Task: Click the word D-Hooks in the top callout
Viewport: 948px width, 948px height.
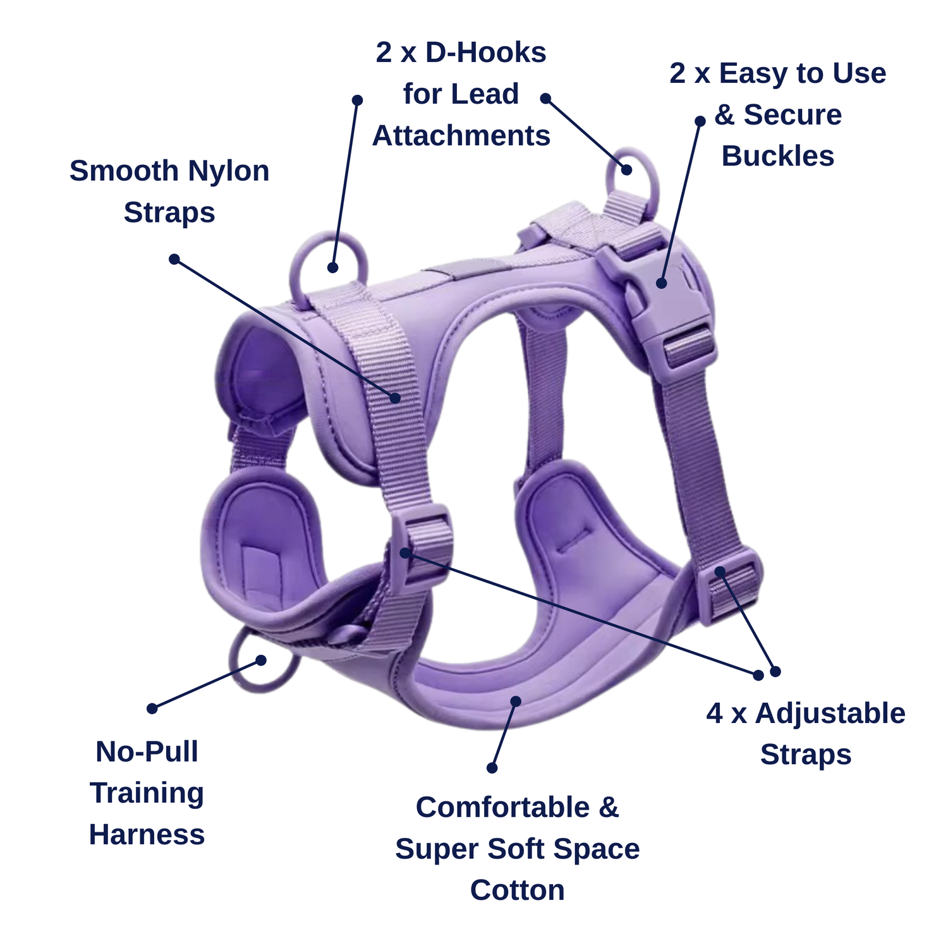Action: click(485, 52)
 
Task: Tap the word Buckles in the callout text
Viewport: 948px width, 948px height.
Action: click(778, 156)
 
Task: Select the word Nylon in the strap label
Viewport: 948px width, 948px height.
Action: click(228, 172)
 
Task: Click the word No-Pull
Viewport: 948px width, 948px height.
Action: click(147, 751)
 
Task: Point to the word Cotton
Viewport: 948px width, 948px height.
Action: click(518, 890)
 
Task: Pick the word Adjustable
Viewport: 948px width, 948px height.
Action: click(830, 714)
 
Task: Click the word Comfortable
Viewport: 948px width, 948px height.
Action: click(503, 807)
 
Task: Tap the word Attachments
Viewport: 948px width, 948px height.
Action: click(461, 136)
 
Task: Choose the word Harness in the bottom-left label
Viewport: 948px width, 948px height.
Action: click(147, 834)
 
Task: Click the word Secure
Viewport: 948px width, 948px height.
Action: click(793, 114)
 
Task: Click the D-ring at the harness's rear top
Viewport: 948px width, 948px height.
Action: click(632, 174)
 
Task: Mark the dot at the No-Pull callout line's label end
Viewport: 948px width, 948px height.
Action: click(152, 708)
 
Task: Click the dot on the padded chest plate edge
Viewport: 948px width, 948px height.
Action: click(516, 701)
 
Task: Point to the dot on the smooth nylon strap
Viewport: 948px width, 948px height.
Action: click(395, 398)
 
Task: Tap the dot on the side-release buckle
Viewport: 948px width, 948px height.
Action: click(661, 283)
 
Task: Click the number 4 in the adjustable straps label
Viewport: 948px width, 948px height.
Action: click(715, 714)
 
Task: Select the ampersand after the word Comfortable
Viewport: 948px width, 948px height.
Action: click(609, 808)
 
